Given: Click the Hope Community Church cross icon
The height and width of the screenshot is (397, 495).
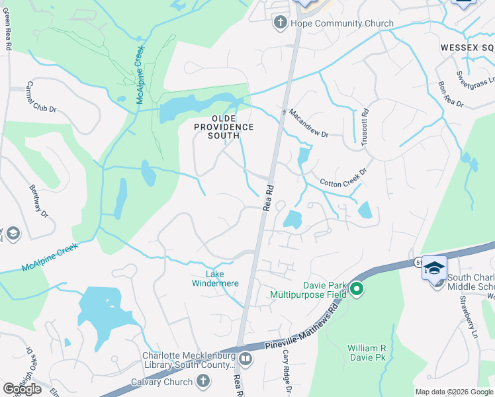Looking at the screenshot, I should pyautogui.click(x=280, y=24).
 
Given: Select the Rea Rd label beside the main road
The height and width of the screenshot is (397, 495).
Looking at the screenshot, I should pyautogui.click(x=268, y=197).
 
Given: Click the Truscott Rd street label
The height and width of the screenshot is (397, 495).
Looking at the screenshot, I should pyautogui.click(x=364, y=128).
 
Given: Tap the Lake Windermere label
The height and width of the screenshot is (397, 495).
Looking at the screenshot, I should pyautogui.click(x=214, y=279).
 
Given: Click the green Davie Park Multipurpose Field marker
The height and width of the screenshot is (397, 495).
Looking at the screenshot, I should pyautogui.click(x=357, y=289).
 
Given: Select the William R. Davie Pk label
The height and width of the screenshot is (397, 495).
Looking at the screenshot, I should pyautogui.click(x=367, y=353).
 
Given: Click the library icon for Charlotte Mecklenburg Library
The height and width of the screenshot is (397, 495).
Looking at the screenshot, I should pyautogui.click(x=246, y=359).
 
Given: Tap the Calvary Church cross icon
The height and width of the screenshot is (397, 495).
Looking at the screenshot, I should pyautogui.click(x=203, y=381).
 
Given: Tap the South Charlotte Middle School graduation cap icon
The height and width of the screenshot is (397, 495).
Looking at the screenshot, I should pyautogui.click(x=434, y=268).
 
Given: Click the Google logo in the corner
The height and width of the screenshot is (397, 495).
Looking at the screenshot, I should pyautogui.click(x=22, y=389).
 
